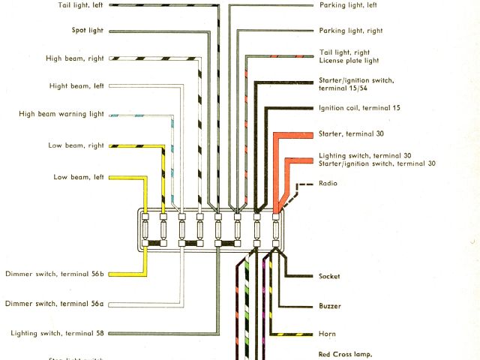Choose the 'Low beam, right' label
pos(74,145)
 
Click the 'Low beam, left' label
pos(78,177)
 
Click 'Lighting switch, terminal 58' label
pos(57,333)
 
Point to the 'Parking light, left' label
pos(348,5)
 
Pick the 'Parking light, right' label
pos(351,31)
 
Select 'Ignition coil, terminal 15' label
pos(359,108)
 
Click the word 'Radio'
pos(328,183)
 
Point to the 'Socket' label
pos(328,277)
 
